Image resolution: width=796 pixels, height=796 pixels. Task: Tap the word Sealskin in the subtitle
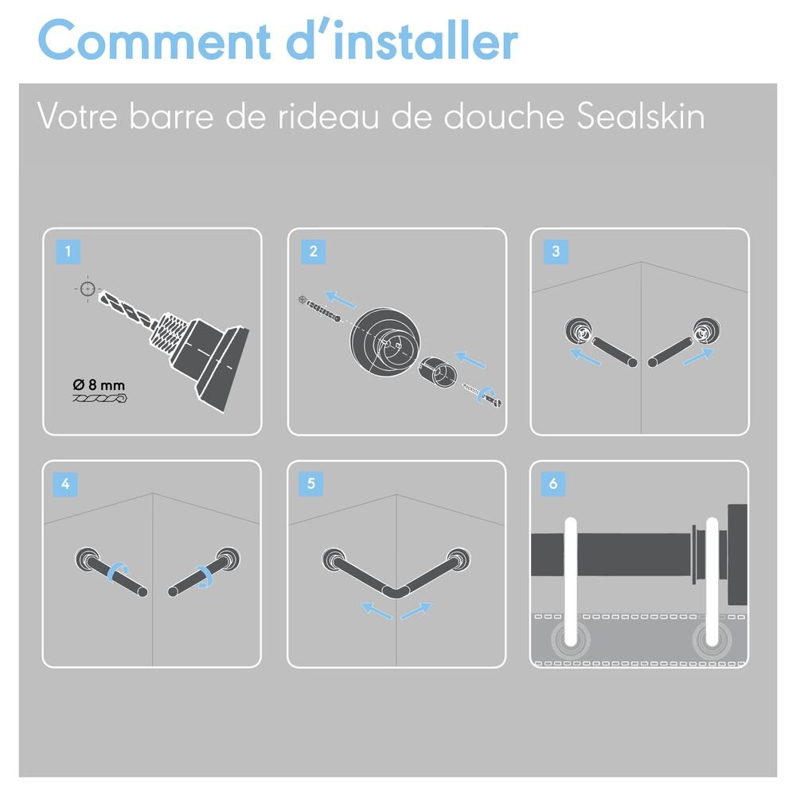pos(641,117)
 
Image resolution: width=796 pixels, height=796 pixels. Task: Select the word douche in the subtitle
pos(504,117)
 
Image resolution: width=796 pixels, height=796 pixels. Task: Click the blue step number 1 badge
pos(68,252)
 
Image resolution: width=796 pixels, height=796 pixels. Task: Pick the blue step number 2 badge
pos(313,252)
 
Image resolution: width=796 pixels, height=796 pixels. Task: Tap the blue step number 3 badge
pos(556,252)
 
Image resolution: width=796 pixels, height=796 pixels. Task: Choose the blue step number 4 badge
pos(65,484)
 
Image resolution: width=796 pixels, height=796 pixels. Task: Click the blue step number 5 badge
pos(311,484)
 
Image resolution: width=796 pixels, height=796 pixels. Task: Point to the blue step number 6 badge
pos(553,484)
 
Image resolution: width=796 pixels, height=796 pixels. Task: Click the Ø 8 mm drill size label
pos(99,385)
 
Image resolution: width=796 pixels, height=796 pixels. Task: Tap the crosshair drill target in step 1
pos(88,289)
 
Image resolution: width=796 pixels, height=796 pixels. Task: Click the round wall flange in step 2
pos(384,342)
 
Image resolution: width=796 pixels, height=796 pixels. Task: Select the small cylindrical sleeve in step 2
pos(438,372)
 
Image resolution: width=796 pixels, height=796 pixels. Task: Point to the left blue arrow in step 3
pos(586,357)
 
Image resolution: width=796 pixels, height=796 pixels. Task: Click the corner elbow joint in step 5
pos(396,592)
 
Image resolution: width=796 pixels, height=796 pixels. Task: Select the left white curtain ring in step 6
pos(571,582)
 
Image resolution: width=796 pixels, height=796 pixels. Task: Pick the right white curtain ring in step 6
pos(712,582)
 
